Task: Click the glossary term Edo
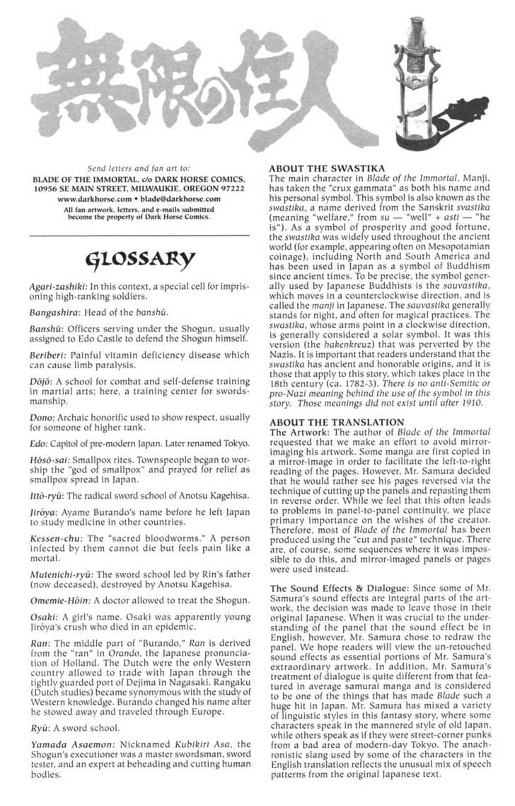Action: (39, 443)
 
